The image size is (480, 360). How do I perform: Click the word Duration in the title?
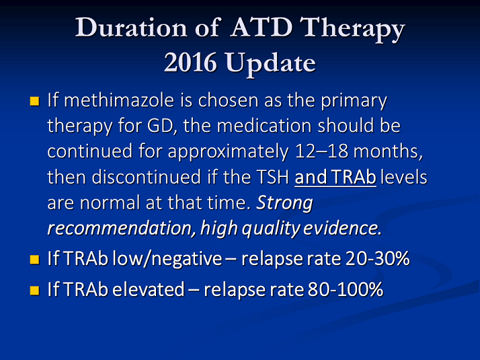point(131,28)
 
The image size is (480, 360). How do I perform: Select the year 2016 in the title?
point(190,63)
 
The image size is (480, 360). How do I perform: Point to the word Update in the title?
point(271,65)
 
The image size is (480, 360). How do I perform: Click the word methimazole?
point(119,100)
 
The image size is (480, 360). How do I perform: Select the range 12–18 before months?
point(321,151)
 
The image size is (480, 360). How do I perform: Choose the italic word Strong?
point(284,203)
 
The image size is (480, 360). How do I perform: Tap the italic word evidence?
point(343,228)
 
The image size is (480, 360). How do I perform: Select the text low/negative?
point(167,259)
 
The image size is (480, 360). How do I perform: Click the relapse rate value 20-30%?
point(377,258)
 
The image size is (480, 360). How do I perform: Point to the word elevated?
point(148,289)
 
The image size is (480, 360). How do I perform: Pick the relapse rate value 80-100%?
point(346,289)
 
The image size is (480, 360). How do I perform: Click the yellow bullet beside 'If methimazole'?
point(34,101)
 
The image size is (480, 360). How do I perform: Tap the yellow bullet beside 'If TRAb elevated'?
point(34,290)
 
